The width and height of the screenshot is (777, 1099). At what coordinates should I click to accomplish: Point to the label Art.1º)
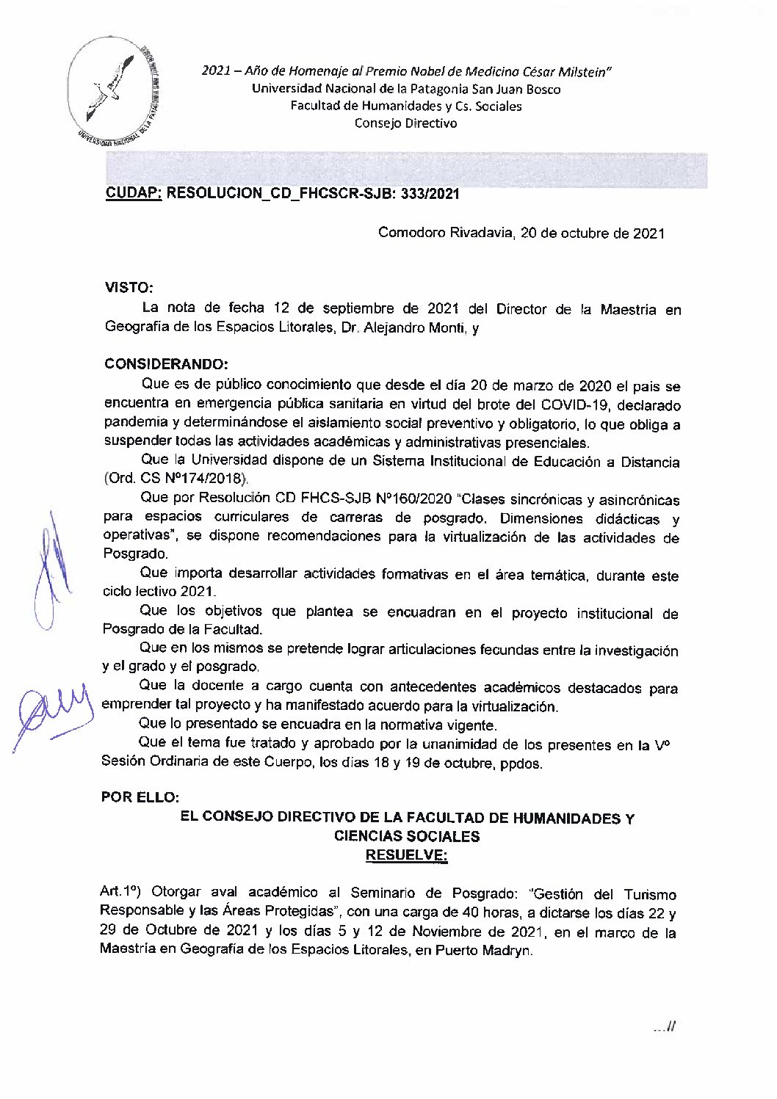[122, 893]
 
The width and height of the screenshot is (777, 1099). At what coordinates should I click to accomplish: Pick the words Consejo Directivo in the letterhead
[405, 123]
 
